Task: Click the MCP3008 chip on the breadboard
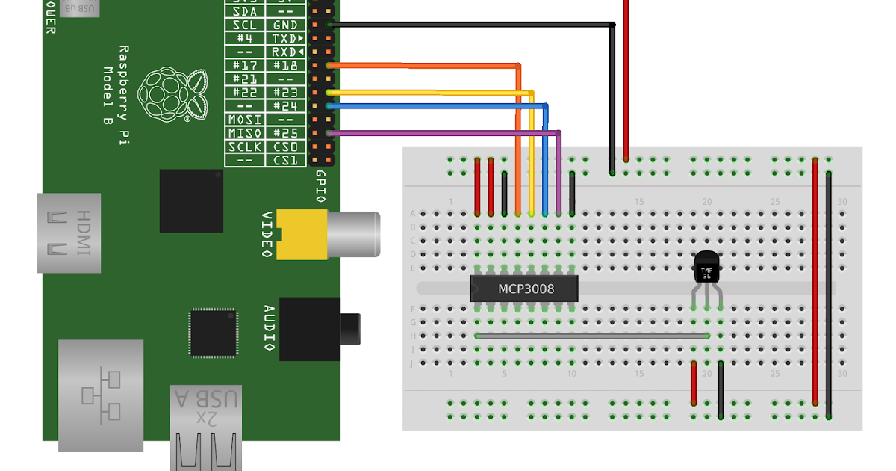[x=525, y=288]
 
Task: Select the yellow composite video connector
[x=300, y=233]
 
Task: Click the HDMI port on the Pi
[x=69, y=233]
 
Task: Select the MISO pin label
[x=245, y=133]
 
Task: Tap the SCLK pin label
[x=245, y=147]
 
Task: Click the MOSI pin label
[x=245, y=120]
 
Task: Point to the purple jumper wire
[x=448, y=133]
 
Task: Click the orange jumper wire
[x=426, y=66]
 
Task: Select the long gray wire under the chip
[x=590, y=336]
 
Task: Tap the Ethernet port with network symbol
[x=100, y=395]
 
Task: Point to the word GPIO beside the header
[x=320, y=185]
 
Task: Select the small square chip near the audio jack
[x=213, y=333]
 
